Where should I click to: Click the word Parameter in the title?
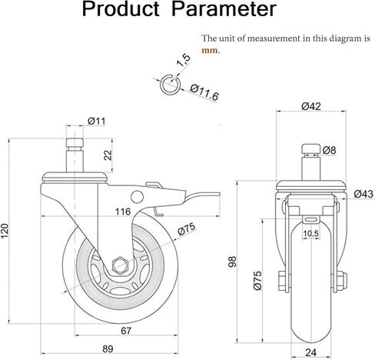pos(224,9)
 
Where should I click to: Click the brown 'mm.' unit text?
pos(211,50)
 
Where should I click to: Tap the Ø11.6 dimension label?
pos(204,92)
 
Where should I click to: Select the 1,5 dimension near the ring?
pos(184,60)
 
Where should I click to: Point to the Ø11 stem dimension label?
pos(96,121)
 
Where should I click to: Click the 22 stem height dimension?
pos(108,155)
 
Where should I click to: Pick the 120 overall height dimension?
pos(5,231)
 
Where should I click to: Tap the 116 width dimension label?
pos(123,212)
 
